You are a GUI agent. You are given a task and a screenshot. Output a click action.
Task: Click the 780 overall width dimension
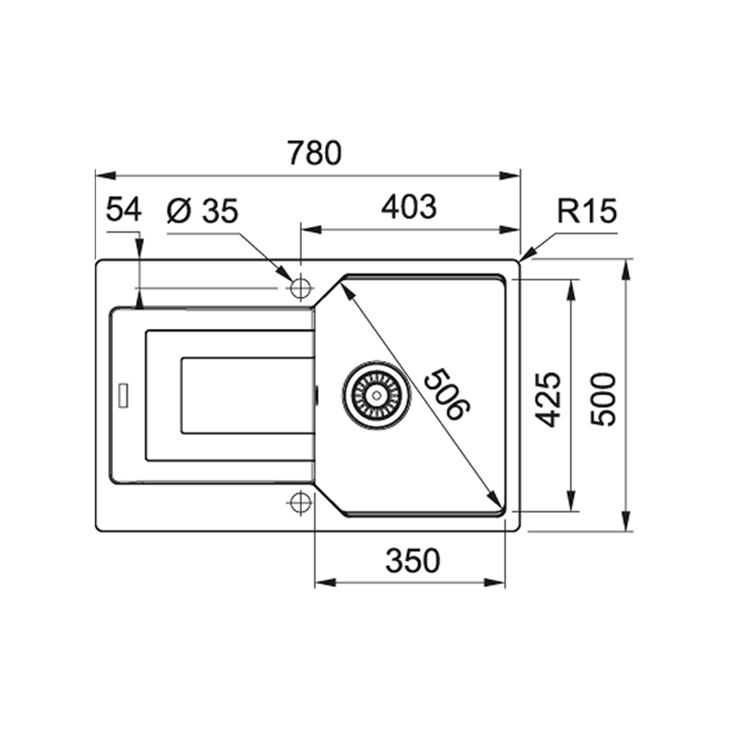tap(314, 153)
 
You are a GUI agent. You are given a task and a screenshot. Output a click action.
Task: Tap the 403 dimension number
tap(409, 207)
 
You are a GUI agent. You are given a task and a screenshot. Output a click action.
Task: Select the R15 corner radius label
tap(587, 211)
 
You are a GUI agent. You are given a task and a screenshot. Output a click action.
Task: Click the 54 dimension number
tap(123, 210)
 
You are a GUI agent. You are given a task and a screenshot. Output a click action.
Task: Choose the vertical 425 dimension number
tap(548, 399)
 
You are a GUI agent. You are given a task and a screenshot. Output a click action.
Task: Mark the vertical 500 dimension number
tap(603, 399)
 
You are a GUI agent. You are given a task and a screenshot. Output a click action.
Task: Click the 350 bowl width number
tap(413, 561)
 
